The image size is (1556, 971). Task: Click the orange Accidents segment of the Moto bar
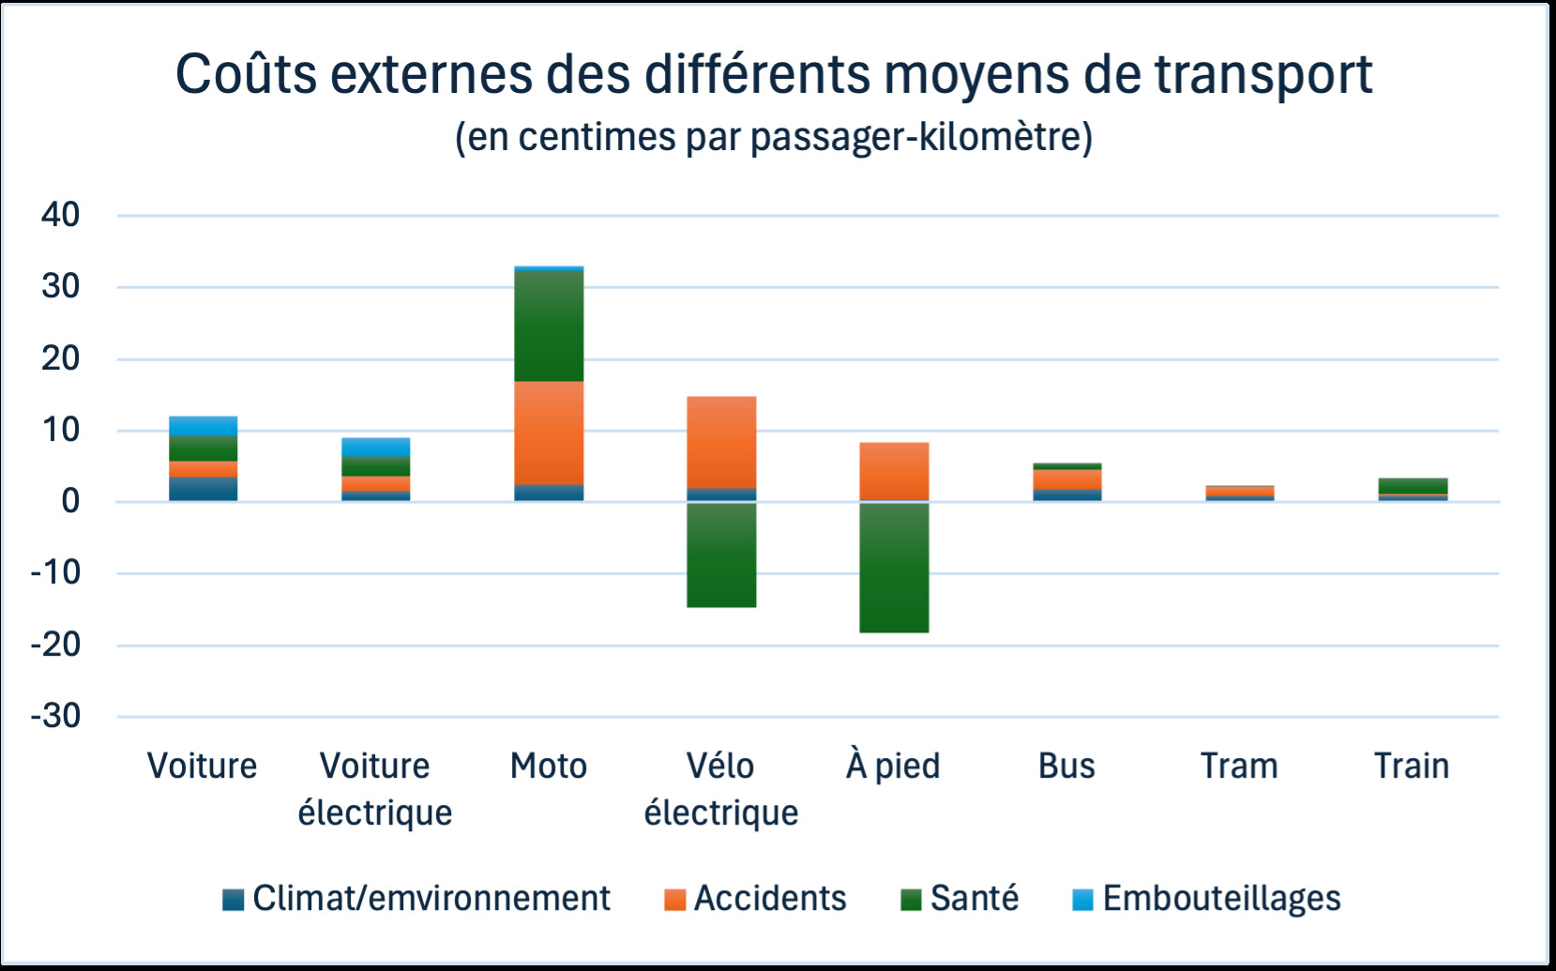[x=549, y=432]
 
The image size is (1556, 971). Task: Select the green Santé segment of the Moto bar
[x=549, y=326]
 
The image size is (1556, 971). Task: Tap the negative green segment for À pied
[x=894, y=568]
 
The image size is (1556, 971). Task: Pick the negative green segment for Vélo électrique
[x=721, y=555]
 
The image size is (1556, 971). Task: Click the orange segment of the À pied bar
[x=894, y=471]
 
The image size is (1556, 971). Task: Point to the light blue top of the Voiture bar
[x=203, y=426]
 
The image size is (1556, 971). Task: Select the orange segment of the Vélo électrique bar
[x=721, y=442]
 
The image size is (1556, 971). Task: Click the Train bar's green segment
[x=1412, y=485]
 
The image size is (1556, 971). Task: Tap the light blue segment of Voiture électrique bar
[x=375, y=447]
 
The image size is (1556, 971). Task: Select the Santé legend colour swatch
[x=911, y=900]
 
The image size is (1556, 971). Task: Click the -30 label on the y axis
[x=55, y=717]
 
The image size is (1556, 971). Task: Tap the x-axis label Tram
[x=1239, y=766]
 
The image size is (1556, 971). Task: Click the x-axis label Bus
[x=1066, y=766]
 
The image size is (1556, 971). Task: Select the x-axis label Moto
[x=549, y=766]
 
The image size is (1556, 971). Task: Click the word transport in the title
[x=1263, y=75]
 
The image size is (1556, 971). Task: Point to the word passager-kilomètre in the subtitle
[x=920, y=138]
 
